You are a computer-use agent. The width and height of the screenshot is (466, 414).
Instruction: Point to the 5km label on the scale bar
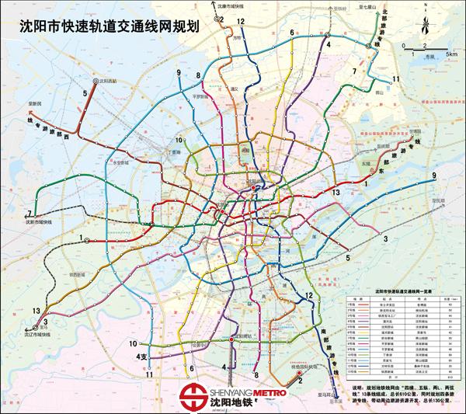tap(450, 55)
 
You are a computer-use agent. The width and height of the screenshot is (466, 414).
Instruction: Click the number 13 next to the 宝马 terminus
tap(37, 311)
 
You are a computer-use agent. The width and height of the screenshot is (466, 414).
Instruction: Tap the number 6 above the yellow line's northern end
tap(291, 33)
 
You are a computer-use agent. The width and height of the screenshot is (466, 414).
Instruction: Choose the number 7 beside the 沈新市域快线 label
tap(29, 213)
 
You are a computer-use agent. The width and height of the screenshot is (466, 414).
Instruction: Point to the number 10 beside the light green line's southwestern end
tap(134, 343)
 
